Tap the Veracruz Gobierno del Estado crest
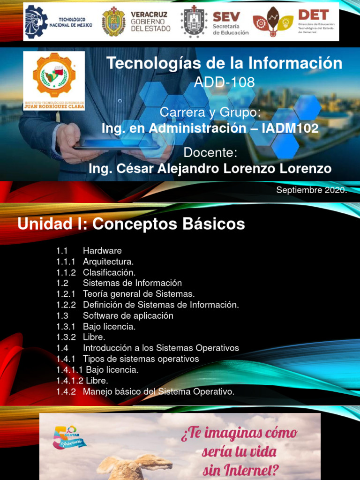[x=113, y=22]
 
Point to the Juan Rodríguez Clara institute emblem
[x=54, y=80]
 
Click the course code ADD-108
[x=224, y=82]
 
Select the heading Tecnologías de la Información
[x=224, y=63]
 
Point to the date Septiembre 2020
[x=311, y=190]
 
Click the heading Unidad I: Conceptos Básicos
[x=131, y=224]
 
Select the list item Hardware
[x=102, y=251]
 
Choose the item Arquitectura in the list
[x=108, y=262]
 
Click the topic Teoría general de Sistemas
[x=138, y=294]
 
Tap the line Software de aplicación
[x=128, y=315]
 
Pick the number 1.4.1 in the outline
[x=66, y=359]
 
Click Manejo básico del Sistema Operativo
[x=158, y=391]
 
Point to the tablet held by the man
[x=117, y=147]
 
